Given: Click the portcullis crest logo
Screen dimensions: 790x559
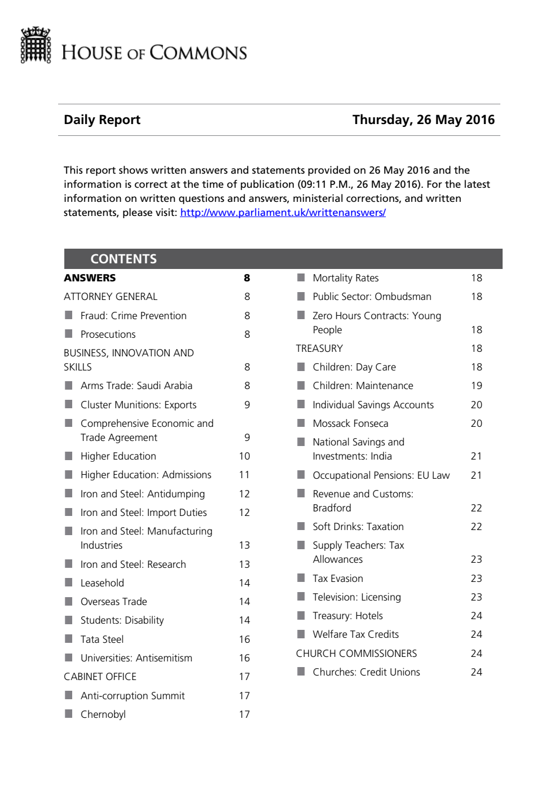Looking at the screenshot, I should [36, 45].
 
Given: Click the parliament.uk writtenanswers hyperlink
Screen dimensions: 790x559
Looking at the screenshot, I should [283, 213].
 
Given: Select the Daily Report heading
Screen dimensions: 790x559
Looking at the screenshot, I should [102, 120].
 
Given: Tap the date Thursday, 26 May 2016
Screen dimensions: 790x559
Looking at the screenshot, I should [423, 120].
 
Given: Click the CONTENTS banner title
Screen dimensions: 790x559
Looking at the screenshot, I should [124, 259].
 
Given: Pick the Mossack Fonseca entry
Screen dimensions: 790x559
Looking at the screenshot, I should [350, 423].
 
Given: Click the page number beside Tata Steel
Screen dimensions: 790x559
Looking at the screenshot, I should [244, 639].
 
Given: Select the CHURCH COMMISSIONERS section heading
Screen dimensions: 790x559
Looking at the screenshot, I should [356, 654].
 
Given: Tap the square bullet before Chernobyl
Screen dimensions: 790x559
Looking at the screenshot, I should [69, 714].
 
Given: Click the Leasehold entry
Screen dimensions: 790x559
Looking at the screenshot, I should [102, 583].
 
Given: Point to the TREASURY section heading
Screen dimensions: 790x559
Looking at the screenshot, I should [319, 348].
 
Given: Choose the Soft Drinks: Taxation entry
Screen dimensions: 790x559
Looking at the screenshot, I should [358, 527].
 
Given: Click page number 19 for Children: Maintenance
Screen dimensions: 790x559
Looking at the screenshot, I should [476, 386].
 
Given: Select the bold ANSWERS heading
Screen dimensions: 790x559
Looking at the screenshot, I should [90, 278].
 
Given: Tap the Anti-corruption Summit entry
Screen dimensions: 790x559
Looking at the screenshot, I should [133, 696].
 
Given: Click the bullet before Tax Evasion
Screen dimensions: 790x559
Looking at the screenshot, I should [301, 578].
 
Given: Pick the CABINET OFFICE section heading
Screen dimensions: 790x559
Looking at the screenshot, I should [100, 677].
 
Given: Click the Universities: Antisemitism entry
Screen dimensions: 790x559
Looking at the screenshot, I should [136, 658].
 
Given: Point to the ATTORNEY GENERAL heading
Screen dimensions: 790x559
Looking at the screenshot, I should [111, 297].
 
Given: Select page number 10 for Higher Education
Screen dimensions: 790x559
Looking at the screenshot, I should [244, 456].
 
